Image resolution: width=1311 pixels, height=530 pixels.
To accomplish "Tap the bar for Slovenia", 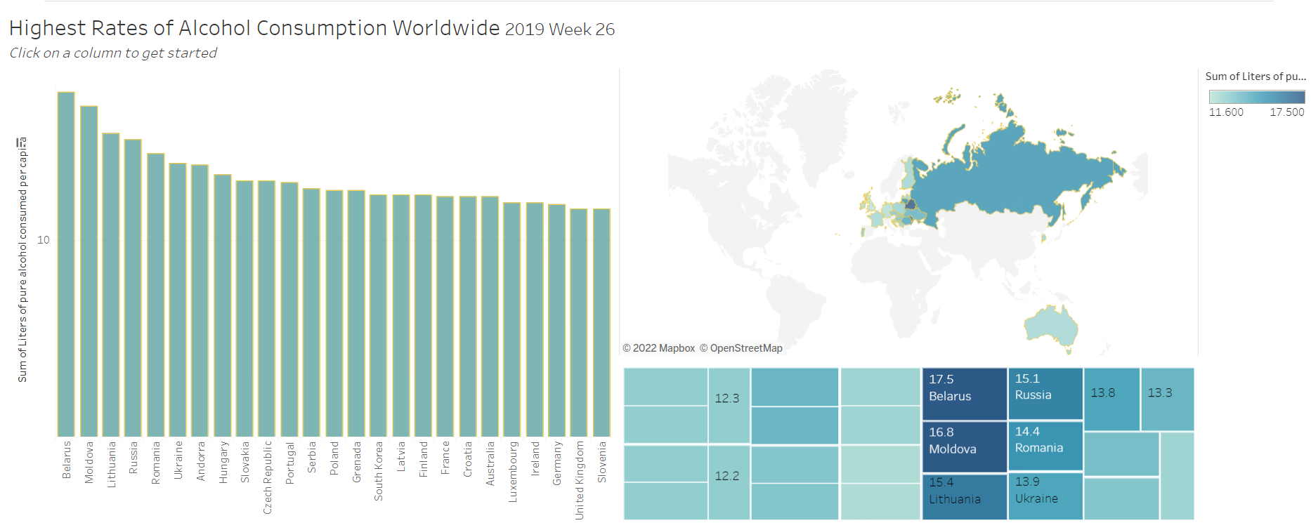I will point(601,323).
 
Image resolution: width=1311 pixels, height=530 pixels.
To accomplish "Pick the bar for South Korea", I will point(378,316).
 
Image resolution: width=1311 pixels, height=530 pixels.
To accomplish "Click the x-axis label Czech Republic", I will point(267,477).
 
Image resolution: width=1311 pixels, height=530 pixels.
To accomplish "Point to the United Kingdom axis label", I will point(580,480).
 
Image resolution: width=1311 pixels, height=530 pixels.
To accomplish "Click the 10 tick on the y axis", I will point(44,240).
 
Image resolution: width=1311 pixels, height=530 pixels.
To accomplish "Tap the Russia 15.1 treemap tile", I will point(1045,393).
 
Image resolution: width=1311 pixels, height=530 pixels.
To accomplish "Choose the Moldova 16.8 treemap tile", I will point(964,446).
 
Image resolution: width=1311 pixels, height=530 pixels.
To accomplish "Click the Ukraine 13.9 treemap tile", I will point(1045,496).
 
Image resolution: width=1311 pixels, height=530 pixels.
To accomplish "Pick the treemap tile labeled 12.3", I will point(729,406).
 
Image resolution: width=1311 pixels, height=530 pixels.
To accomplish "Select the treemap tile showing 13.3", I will point(1167,399).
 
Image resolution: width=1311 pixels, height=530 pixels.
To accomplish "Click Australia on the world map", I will point(1050,326).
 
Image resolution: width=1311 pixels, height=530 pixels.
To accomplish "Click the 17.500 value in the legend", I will point(1286,112).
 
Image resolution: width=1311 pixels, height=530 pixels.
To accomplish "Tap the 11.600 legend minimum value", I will point(1226,112).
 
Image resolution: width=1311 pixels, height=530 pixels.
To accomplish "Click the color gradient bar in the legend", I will point(1256,97).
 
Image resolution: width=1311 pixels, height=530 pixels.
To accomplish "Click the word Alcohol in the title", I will point(214,28).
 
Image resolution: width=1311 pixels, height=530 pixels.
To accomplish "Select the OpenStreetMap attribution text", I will point(745,348).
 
